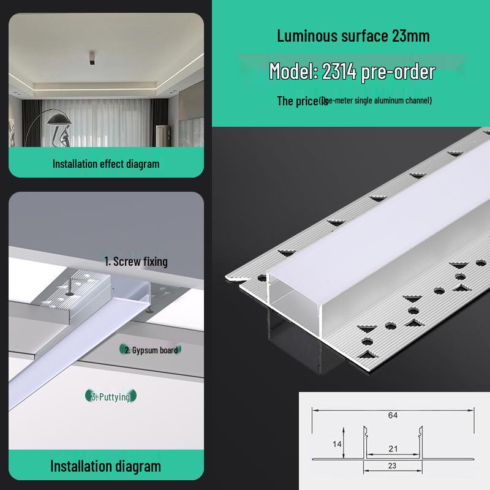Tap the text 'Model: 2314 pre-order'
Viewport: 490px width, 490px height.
tap(352, 72)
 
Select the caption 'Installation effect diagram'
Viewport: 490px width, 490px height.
tap(105, 164)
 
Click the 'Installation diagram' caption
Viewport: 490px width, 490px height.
tap(105, 466)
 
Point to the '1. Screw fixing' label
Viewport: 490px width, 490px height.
tap(135, 262)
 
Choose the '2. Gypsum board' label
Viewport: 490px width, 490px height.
tap(151, 350)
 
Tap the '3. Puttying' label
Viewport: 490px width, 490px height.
tap(111, 397)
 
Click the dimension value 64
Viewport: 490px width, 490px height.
tap(393, 415)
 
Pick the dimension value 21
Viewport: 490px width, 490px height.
tap(393, 449)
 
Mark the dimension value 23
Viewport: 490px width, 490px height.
tap(393, 466)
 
